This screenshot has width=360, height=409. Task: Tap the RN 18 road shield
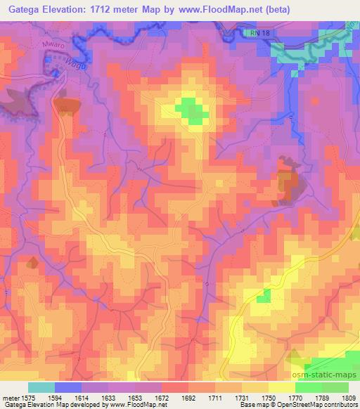pos(259,33)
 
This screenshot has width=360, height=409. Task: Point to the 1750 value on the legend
pos(269,398)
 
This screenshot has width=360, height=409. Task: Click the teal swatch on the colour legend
pos(41,387)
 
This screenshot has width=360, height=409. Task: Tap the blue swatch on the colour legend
pos(68,387)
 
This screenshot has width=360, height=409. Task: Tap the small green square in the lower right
pos(263,296)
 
